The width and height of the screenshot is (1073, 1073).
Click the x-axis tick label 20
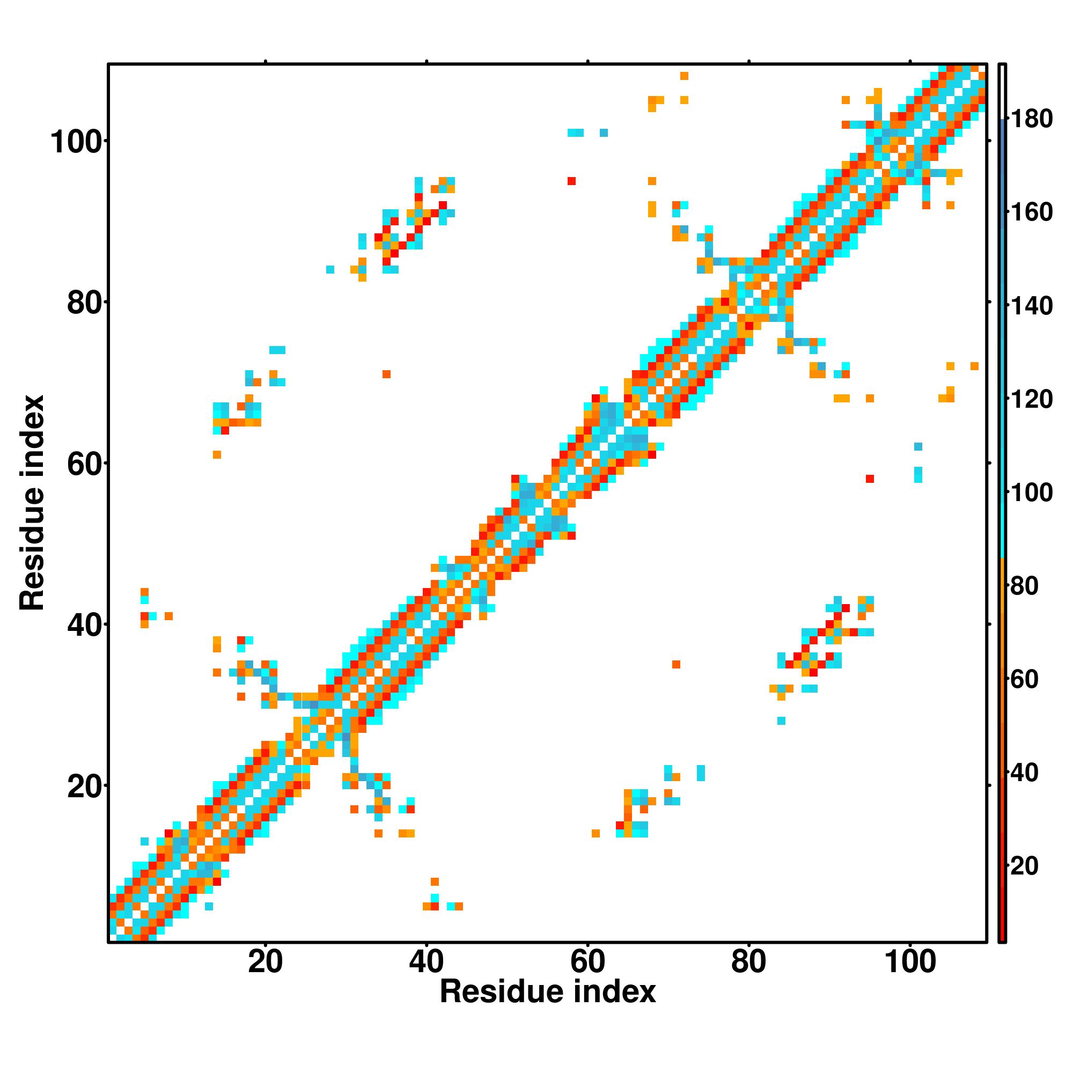tap(265, 962)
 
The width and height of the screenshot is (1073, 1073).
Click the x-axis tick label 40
tap(426, 962)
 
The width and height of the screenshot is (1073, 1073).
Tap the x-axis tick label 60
tap(587, 962)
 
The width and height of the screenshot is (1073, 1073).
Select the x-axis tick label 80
tap(748, 962)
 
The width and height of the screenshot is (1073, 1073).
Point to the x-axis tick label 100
tap(909, 962)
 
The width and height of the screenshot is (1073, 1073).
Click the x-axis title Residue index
tap(548, 992)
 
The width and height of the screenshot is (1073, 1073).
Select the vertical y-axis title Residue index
tap(32, 503)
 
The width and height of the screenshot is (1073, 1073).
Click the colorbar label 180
tap(1031, 119)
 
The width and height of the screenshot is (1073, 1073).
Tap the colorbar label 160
tap(1031, 212)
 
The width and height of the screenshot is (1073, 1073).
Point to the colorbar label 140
tap(1031, 306)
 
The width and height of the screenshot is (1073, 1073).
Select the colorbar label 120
tap(1031, 399)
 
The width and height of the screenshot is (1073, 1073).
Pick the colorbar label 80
tap(1024, 586)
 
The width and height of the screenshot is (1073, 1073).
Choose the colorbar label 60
tap(1024, 679)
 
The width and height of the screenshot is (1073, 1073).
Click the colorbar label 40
tap(1024, 773)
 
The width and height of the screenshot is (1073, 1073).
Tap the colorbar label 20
tap(1024, 866)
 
